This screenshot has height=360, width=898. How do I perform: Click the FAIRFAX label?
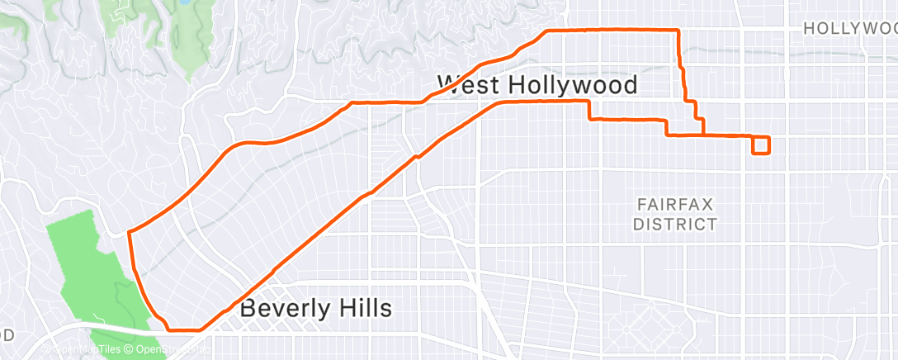coord(675,203)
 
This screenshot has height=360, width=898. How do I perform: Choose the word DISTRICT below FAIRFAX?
coord(675,224)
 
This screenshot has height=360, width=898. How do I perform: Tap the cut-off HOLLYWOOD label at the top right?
coord(850,29)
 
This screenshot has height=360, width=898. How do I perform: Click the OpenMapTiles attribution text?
coord(87,351)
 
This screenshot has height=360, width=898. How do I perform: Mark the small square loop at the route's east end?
coord(761,145)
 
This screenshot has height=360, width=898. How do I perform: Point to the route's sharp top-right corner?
coord(678,31)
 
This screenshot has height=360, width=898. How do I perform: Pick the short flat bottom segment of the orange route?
coord(184,329)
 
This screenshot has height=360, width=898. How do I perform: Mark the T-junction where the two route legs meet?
coord(702,134)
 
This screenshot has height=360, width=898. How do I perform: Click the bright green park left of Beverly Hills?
coord(87,264)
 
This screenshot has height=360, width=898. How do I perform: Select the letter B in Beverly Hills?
coord(248,310)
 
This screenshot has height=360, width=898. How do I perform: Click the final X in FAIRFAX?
coord(707,203)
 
